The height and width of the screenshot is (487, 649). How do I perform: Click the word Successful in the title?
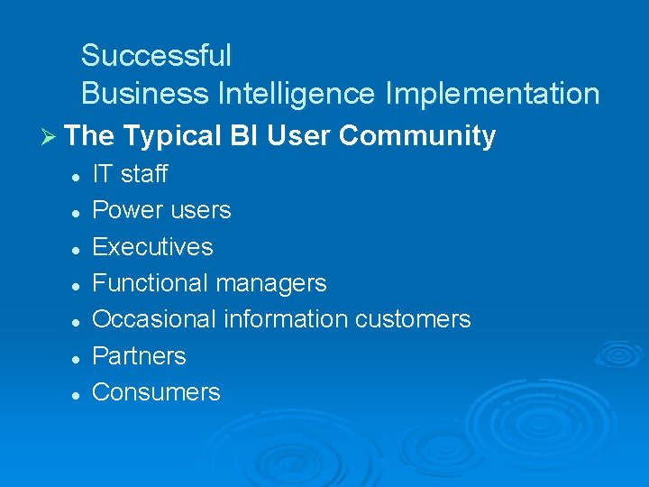click(156, 56)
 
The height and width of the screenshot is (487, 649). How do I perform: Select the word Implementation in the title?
click(491, 93)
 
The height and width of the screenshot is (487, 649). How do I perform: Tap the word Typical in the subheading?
click(171, 136)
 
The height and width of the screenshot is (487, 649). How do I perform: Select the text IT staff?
click(130, 174)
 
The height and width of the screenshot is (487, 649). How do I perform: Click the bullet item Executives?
click(152, 247)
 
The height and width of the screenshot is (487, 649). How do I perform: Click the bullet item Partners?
click(139, 356)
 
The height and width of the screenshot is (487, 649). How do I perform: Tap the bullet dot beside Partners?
click(78, 358)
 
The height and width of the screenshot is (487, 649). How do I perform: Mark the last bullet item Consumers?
click(156, 392)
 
